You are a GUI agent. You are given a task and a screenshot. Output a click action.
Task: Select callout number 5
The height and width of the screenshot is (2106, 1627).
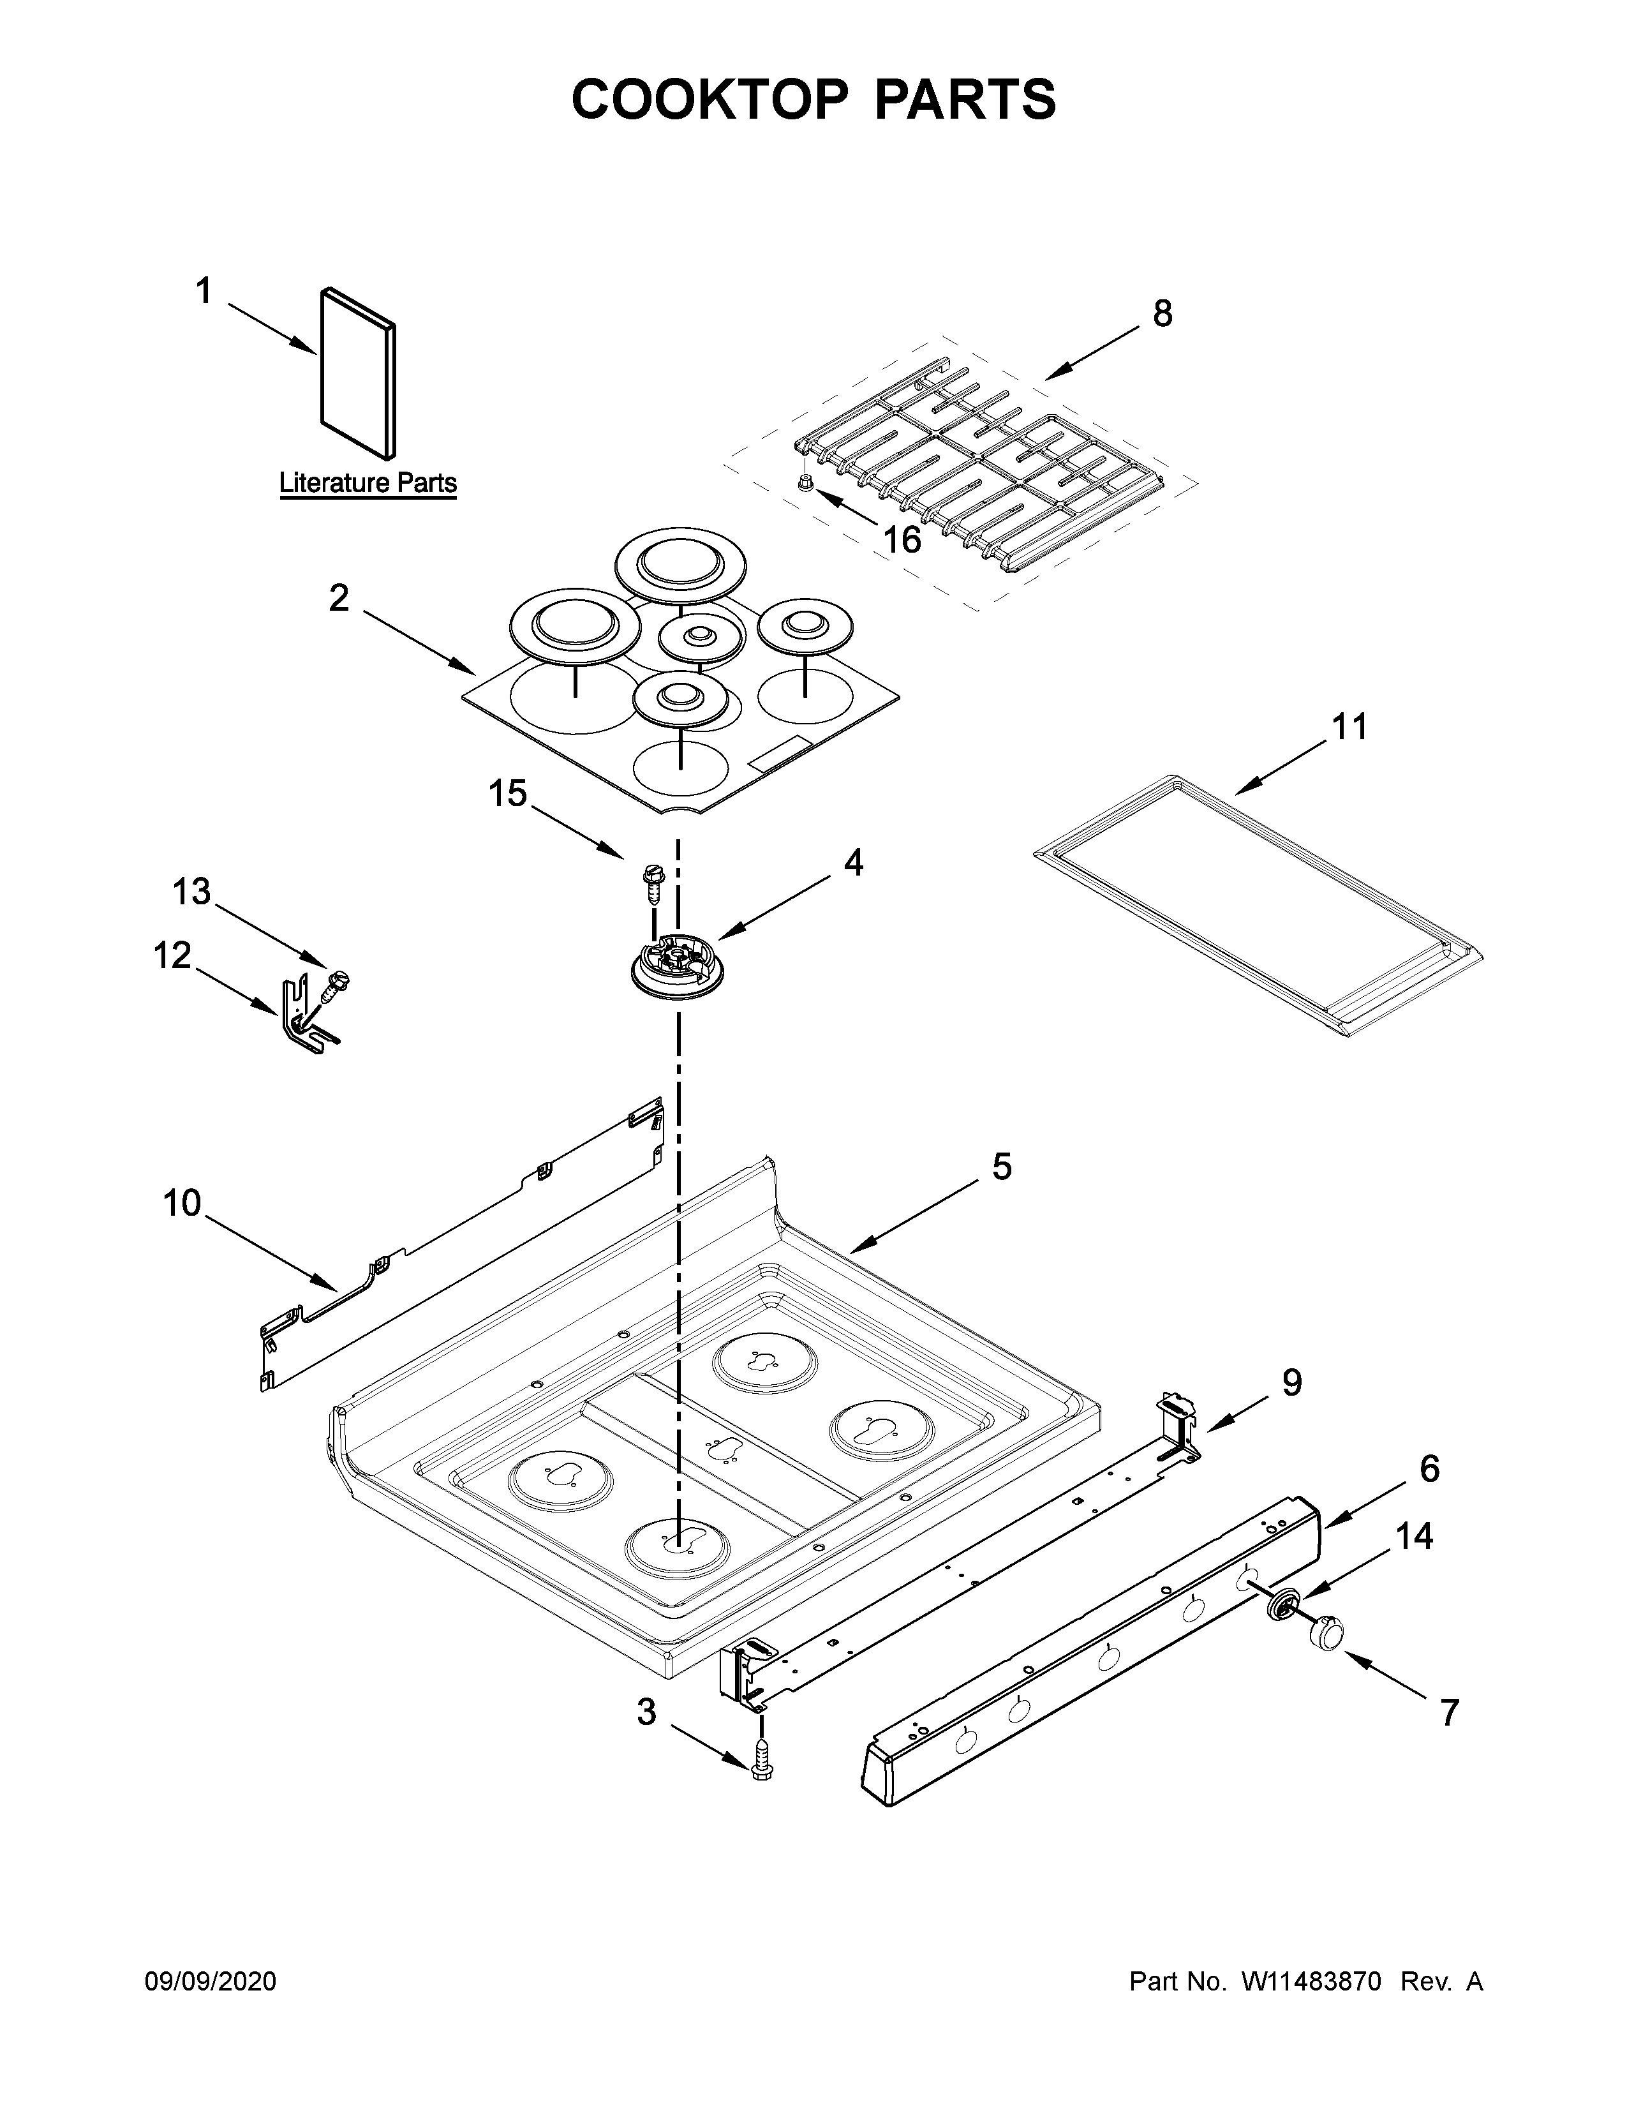[1002, 1167]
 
